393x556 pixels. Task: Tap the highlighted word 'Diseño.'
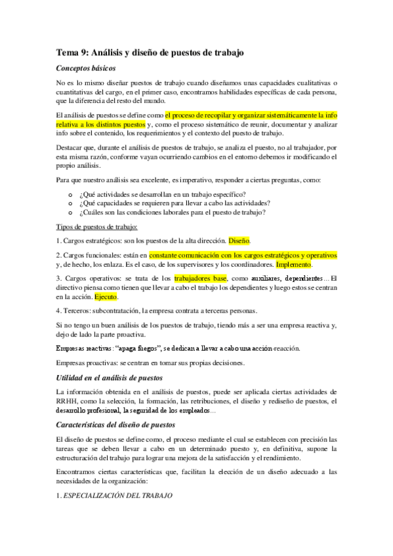pyautogui.click(x=239, y=241)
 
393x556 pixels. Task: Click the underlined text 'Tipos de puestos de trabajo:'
pyautogui.click(x=96, y=227)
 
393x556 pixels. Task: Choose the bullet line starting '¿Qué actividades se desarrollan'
pyautogui.click(x=161, y=195)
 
